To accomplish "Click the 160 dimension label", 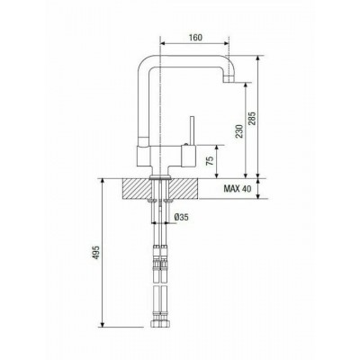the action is (x=195, y=38).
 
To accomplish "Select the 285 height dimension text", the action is (x=252, y=119).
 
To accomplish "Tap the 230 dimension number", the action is (x=239, y=131).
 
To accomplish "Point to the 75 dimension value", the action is (x=211, y=161).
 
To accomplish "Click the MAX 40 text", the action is (x=237, y=189).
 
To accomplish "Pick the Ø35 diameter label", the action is (x=182, y=217).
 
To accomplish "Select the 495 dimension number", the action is (x=96, y=253).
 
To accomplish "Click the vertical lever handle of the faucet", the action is (x=191, y=130).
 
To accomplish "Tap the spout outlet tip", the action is (x=229, y=79).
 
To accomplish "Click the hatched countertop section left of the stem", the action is (x=136, y=188).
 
